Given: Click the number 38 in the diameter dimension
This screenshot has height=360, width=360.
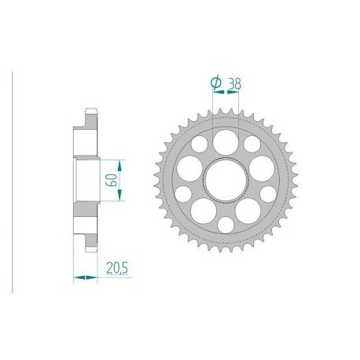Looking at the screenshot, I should (233, 80).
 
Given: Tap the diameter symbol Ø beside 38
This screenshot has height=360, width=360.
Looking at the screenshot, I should (215, 80).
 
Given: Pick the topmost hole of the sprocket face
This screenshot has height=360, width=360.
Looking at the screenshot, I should (226, 141).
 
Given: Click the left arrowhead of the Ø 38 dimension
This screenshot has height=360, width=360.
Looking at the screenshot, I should (213, 92).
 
